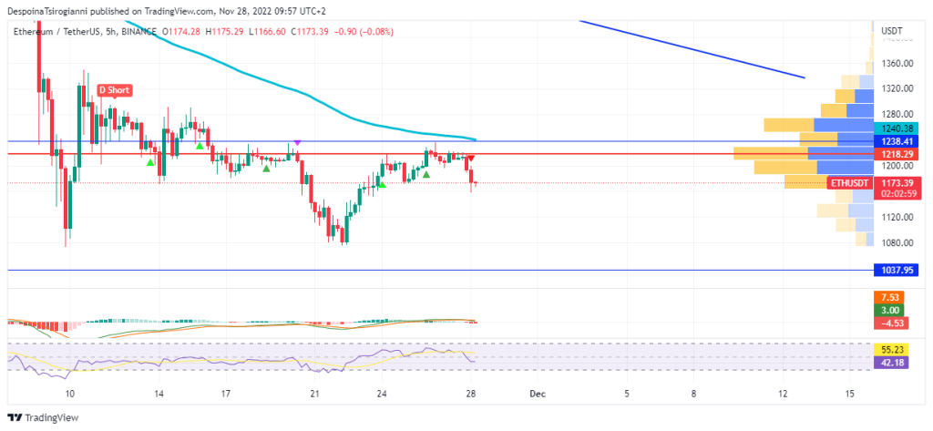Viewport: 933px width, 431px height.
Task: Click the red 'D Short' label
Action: [x=115, y=90]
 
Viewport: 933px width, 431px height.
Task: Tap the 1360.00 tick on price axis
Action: [x=897, y=64]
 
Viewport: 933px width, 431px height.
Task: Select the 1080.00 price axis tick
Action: [x=897, y=242]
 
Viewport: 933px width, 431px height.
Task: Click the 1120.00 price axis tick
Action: [x=897, y=217]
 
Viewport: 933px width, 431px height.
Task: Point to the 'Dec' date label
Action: [x=538, y=395]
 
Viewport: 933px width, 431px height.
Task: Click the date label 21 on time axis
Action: [x=315, y=395]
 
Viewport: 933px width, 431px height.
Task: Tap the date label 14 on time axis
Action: [x=159, y=395]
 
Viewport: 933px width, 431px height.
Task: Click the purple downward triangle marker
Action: [x=297, y=143]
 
